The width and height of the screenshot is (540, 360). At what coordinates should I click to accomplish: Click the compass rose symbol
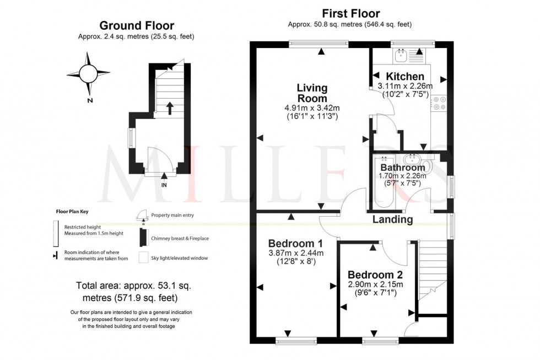click(x=88, y=73)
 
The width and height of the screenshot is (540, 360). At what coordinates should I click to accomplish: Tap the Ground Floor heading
click(x=136, y=25)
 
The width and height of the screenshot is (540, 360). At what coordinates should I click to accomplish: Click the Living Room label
click(x=312, y=93)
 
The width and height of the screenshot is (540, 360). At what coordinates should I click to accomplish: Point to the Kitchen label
click(x=405, y=76)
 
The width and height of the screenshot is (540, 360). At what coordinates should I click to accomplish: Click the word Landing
click(x=393, y=219)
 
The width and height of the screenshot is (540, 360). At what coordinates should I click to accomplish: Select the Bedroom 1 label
click(x=295, y=243)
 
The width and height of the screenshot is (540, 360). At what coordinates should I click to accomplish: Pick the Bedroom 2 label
click(x=375, y=275)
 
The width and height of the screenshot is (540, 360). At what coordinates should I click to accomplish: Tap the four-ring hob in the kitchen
click(x=440, y=104)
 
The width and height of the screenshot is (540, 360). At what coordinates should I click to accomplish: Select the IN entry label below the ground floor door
click(x=164, y=185)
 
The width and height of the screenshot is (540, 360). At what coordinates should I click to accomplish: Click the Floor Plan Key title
click(x=72, y=211)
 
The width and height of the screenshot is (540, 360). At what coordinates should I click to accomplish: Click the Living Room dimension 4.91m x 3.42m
click(x=312, y=108)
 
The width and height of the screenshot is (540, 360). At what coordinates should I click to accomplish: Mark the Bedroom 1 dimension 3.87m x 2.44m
click(x=295, y=253)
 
